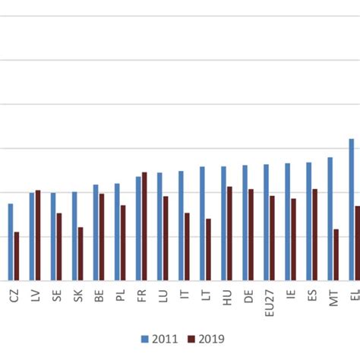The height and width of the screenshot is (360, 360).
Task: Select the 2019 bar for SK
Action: click(81, 254)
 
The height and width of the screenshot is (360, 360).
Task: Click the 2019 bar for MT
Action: click(336, 254)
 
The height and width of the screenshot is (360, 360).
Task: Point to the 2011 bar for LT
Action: click(202, 223)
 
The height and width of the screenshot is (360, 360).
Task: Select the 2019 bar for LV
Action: click(38, 235)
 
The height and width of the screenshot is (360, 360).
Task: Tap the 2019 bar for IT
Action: click(187, 246)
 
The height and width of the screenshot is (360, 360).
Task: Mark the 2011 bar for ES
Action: click(308, 221)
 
